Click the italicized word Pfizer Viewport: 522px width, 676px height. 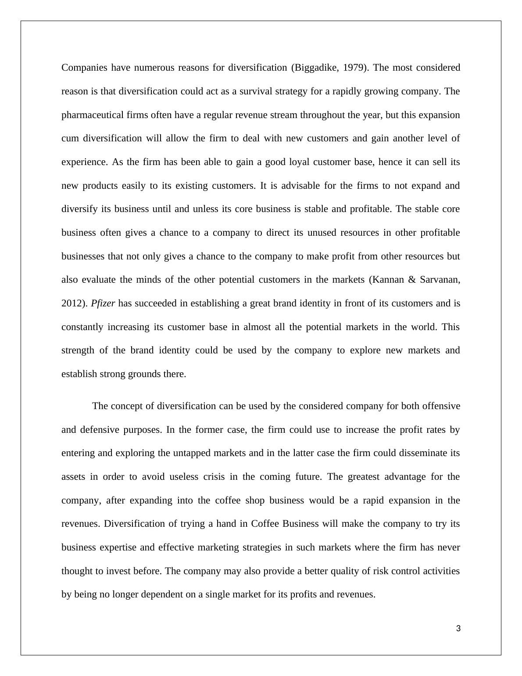103,303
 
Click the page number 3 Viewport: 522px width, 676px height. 458,629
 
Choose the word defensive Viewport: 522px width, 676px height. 99,430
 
